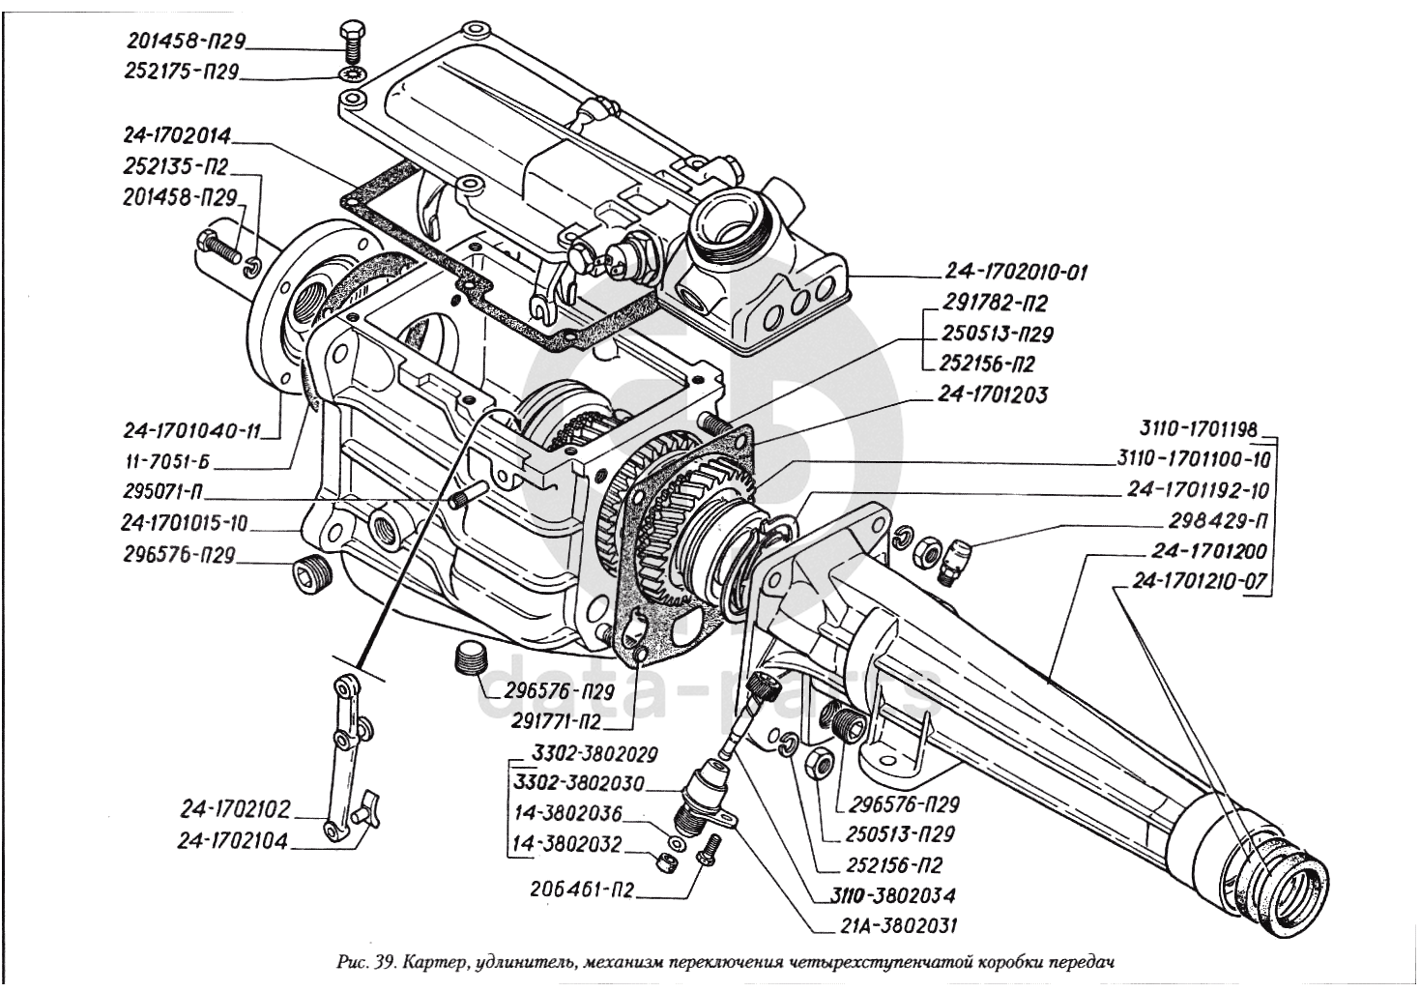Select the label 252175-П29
point(181,72)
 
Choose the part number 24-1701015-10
point(185,524)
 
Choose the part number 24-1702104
point(232,841)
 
